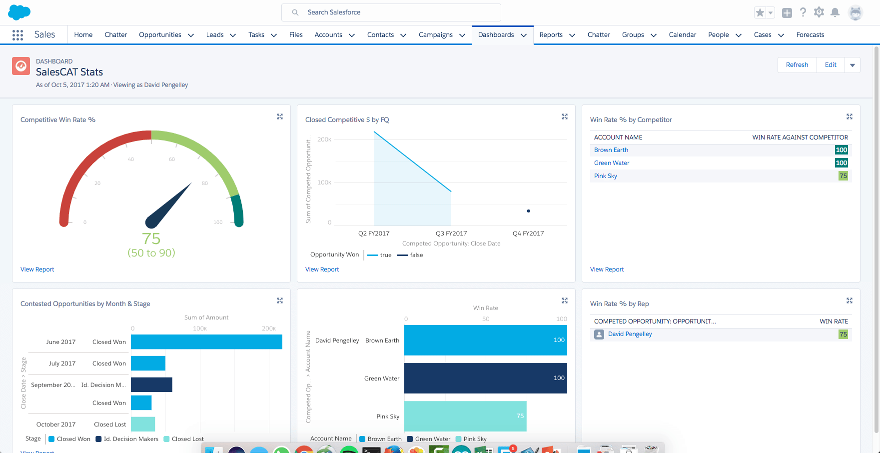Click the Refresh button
[797, 65]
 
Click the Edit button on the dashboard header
[831, 65]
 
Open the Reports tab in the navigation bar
[551, 35]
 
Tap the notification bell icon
[835, 12]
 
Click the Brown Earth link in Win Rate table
[611, 150]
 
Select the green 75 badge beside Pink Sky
[843, 176]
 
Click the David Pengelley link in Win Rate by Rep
[630, 334]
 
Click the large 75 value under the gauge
[151, 239]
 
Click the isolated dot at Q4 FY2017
[528, 211]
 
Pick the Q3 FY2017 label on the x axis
[451, 233]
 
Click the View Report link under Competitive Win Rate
[37, 269]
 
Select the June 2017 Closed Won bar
[206, 342]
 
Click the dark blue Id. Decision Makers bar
[151, 384]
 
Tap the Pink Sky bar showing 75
[465, 416]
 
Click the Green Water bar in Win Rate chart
[485, 378]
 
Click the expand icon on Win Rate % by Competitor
[849, 116]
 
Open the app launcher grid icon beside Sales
[17, 35]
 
